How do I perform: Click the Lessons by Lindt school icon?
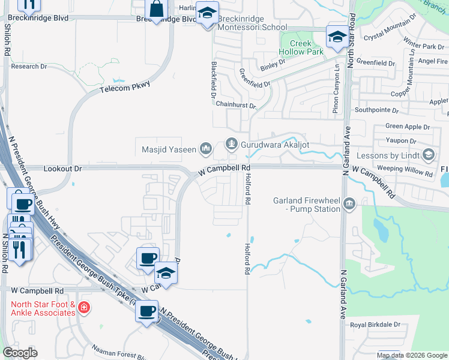tap(429, 155)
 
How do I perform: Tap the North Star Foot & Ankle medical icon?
tap(84, 308)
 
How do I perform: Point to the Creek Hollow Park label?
tap(307, 47)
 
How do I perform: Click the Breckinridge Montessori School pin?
tap(208, 13)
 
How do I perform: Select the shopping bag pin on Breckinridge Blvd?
tap(156, 10)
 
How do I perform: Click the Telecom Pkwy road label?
tap(125, 88)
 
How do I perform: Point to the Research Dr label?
tap(29, 67)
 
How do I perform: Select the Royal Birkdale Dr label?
tap(375, 325)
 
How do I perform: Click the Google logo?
tap(20, 353)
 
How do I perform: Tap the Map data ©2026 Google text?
tap(411, 355)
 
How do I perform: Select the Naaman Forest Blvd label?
tap(117, 351)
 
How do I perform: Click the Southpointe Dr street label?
tap(376, 110)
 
